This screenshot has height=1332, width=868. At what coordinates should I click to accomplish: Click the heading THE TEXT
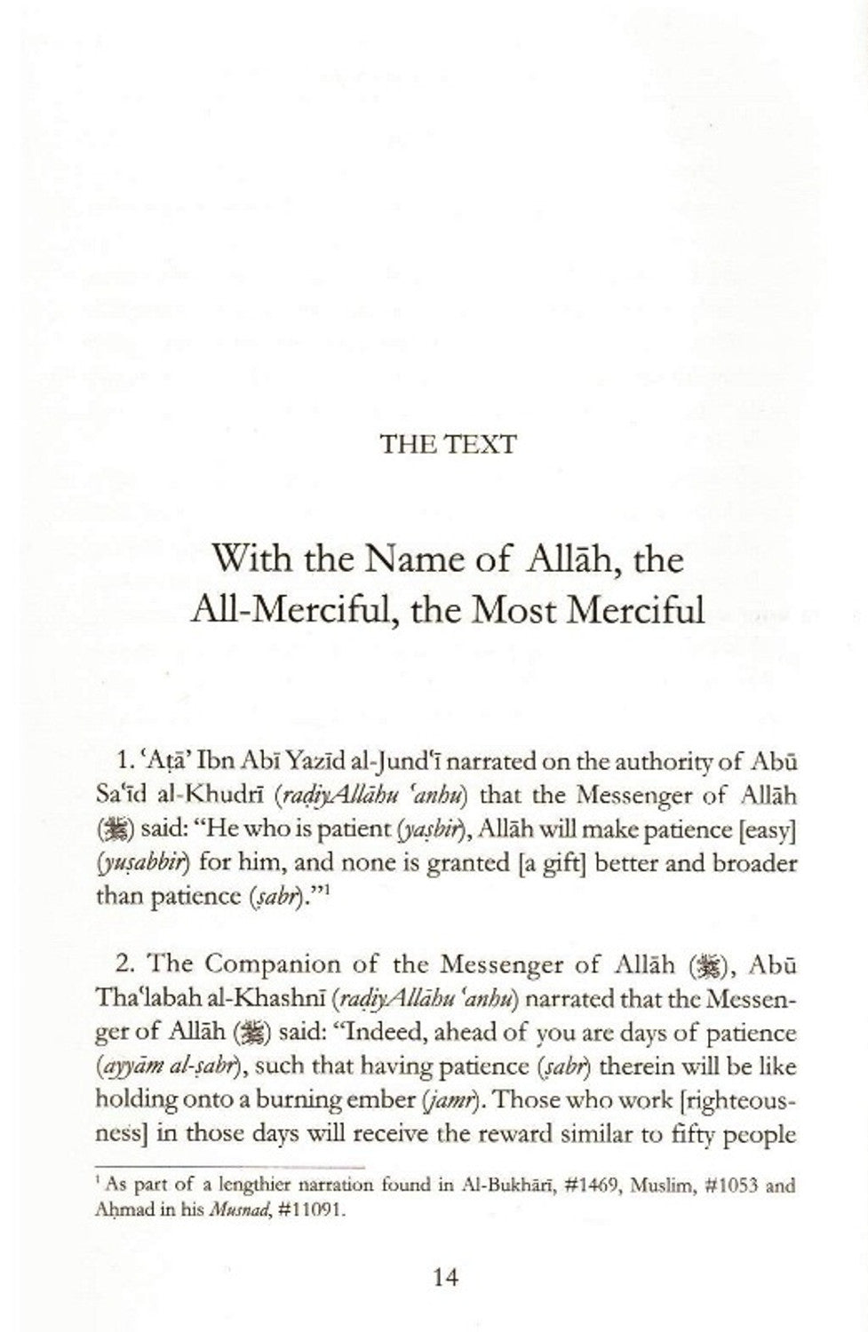pyautogui.click(x=447, y=444)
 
